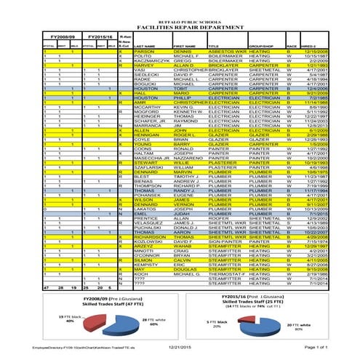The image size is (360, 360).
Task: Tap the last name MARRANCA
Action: click(x=148, y=125)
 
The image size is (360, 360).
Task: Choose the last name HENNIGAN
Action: click(x=148, y=135)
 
